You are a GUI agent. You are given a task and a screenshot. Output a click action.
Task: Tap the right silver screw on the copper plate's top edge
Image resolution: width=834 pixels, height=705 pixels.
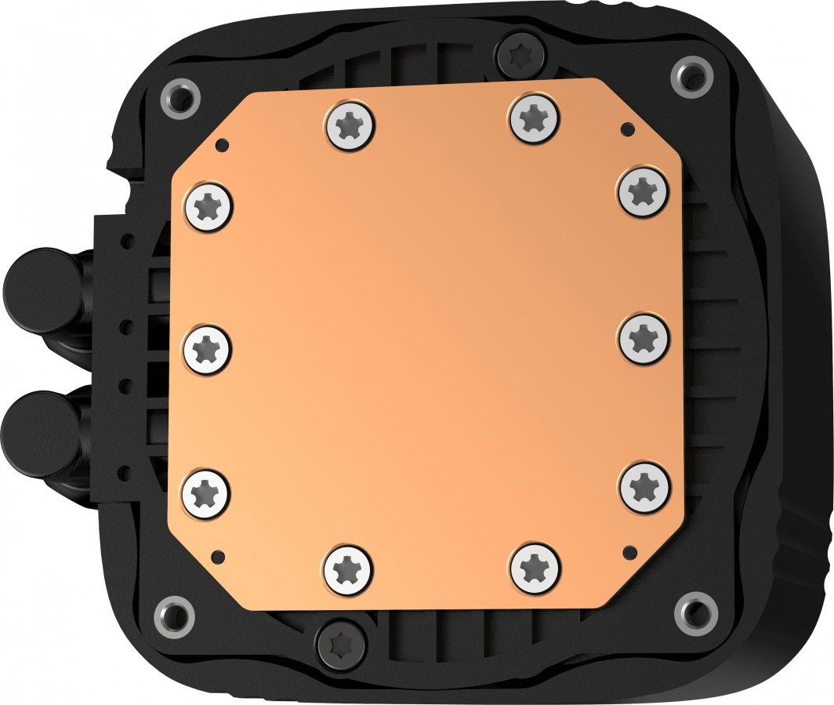click(535, 118)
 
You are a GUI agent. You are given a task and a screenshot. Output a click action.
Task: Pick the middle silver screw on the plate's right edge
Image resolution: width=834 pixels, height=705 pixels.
click(644, 338)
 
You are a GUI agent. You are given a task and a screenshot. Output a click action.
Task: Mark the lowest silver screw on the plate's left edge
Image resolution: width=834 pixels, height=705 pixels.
click(206, 492)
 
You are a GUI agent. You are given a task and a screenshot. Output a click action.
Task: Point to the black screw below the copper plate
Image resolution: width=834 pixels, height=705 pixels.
click(340, 641)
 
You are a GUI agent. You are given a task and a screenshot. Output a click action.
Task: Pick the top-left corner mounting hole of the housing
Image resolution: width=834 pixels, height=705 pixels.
click(180, 99)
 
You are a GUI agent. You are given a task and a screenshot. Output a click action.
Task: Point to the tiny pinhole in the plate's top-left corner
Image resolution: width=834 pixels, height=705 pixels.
click(223, 144)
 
